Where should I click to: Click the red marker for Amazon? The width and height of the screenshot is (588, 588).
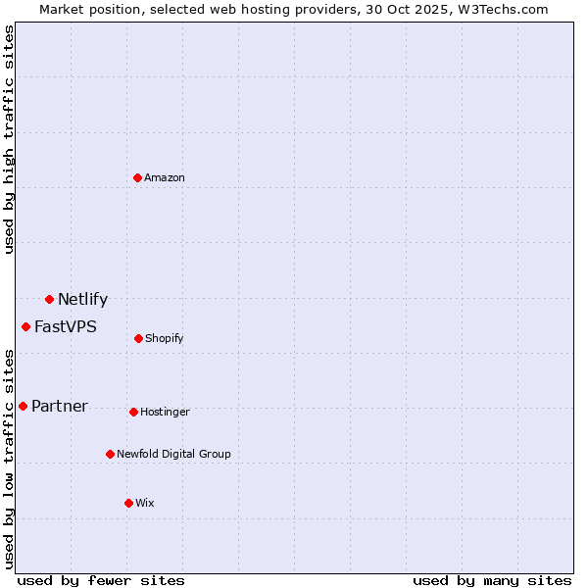(x=137, y=177)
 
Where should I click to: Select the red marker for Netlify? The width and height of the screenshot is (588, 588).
(x=49, y=299)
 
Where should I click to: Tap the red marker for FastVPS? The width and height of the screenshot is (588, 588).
(x=26, y=326)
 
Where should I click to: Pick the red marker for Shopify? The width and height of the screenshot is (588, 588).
(x=138, y=338)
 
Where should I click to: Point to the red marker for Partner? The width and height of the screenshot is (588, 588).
(x=23, y=406)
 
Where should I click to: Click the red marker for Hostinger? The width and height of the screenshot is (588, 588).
(x=133, y=412)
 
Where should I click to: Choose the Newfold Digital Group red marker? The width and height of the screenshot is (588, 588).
(x=110, y=454)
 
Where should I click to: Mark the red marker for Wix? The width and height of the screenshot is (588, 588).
(x=128, y=503)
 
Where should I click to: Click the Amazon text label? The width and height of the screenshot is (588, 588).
(x=165, y=177)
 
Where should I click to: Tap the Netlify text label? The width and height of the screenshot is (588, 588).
(x=82, y=300)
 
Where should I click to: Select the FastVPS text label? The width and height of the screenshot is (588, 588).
(x=66, y=327)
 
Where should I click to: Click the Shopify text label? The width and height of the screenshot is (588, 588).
(x=165, y=338)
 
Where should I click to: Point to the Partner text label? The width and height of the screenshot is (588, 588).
(x=60, y=407)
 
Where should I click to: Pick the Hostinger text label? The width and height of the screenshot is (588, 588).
(x=165, y=412)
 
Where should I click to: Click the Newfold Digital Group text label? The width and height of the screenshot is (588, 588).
(x=173, y=454)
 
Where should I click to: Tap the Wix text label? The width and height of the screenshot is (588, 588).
(x=145, y=503)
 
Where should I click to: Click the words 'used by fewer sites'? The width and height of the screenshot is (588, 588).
(x=101, y=580)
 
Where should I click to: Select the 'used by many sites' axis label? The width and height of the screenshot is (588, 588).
(x=492, y=580)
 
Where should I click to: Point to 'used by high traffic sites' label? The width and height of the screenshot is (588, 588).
(x=9, y=139)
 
